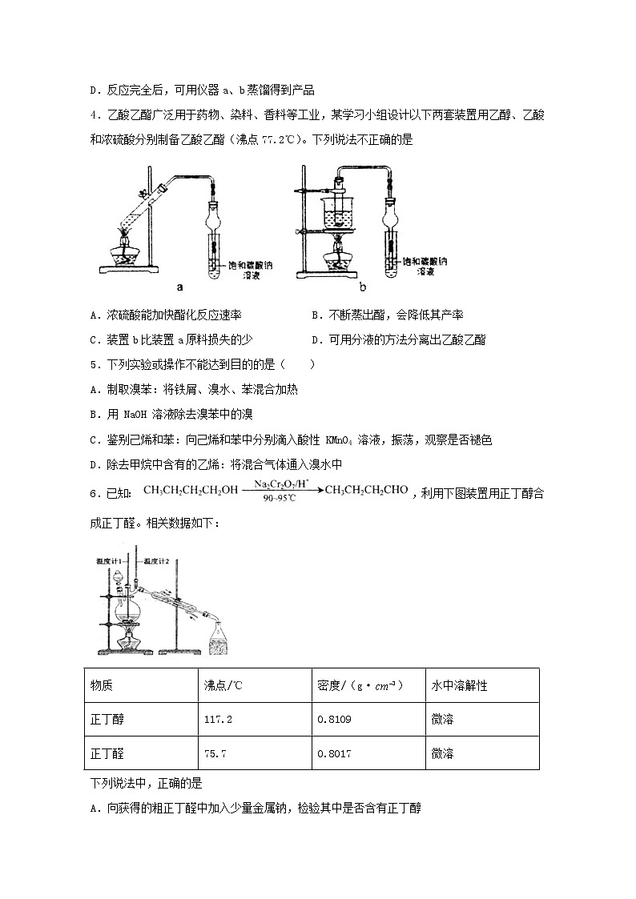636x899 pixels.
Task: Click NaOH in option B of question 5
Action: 136,415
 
